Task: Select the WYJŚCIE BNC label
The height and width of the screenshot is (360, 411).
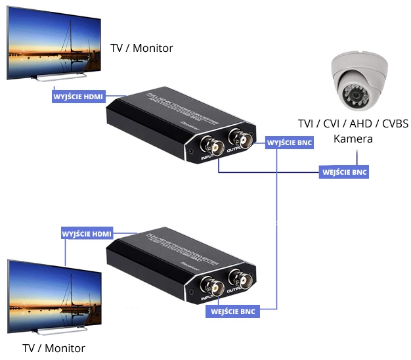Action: [x=290, y=142]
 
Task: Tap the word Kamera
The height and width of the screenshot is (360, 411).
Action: [x=353, y=139]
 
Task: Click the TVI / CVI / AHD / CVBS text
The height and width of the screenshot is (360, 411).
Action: [x=353, y=124]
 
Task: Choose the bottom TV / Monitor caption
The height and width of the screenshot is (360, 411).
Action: [x=53, y=348]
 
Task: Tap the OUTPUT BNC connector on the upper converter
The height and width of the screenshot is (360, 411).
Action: [x=238, y=141]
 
